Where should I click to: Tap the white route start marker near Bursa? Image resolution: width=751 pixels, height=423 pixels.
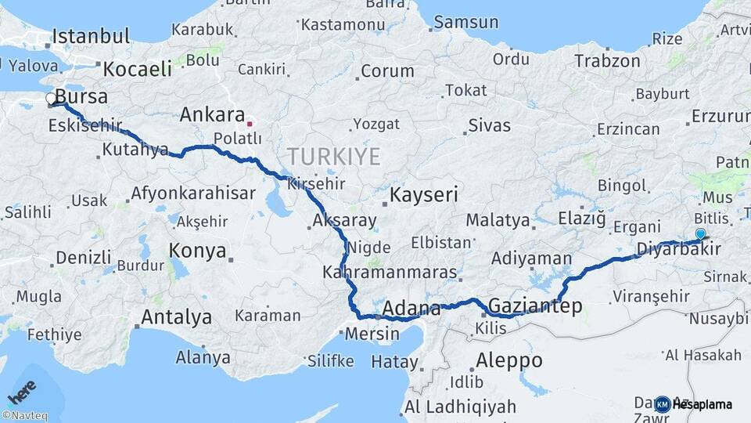51,99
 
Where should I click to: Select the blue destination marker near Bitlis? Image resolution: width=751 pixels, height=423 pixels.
700,233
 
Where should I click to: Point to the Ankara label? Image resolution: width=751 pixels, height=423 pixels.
212,115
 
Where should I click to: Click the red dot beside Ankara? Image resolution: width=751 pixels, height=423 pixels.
250,124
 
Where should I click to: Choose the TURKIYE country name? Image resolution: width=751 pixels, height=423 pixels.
333,157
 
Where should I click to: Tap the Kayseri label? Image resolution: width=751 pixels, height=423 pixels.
424,194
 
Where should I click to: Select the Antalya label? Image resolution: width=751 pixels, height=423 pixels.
176,317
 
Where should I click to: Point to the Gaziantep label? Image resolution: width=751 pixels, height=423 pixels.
535,305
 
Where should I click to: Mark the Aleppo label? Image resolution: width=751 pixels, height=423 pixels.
508,360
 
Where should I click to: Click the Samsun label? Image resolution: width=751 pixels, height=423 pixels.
466,22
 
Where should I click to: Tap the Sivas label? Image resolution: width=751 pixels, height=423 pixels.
489,125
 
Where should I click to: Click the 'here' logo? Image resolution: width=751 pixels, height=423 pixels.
21,389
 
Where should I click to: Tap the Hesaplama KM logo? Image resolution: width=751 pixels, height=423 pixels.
693,404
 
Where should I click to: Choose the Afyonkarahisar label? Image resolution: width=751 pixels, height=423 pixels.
193,193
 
